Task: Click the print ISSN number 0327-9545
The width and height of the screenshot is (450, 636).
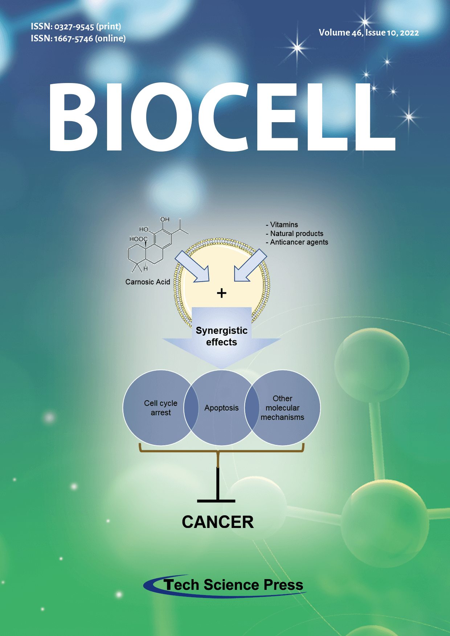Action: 74,27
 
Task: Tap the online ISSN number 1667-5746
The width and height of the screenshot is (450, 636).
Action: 73,39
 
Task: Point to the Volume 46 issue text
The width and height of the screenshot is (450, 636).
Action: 369,33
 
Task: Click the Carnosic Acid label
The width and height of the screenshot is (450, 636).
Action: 148,282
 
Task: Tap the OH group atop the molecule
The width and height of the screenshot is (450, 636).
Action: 165,219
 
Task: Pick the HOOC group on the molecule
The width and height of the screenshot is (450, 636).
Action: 139,239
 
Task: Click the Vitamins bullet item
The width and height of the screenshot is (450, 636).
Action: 282,225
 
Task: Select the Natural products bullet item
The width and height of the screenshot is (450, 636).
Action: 295,234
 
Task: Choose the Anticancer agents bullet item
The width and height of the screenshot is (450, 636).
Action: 297,242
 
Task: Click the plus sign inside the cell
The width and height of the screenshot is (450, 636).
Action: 221,293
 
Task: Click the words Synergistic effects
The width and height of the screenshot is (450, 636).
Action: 221,336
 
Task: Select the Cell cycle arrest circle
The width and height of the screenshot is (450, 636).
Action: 161,408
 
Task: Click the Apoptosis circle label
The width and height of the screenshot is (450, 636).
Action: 221,408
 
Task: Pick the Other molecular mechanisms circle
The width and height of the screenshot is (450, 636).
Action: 282,408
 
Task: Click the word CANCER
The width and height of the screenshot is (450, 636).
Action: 218,522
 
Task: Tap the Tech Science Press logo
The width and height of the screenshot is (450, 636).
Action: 225,585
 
